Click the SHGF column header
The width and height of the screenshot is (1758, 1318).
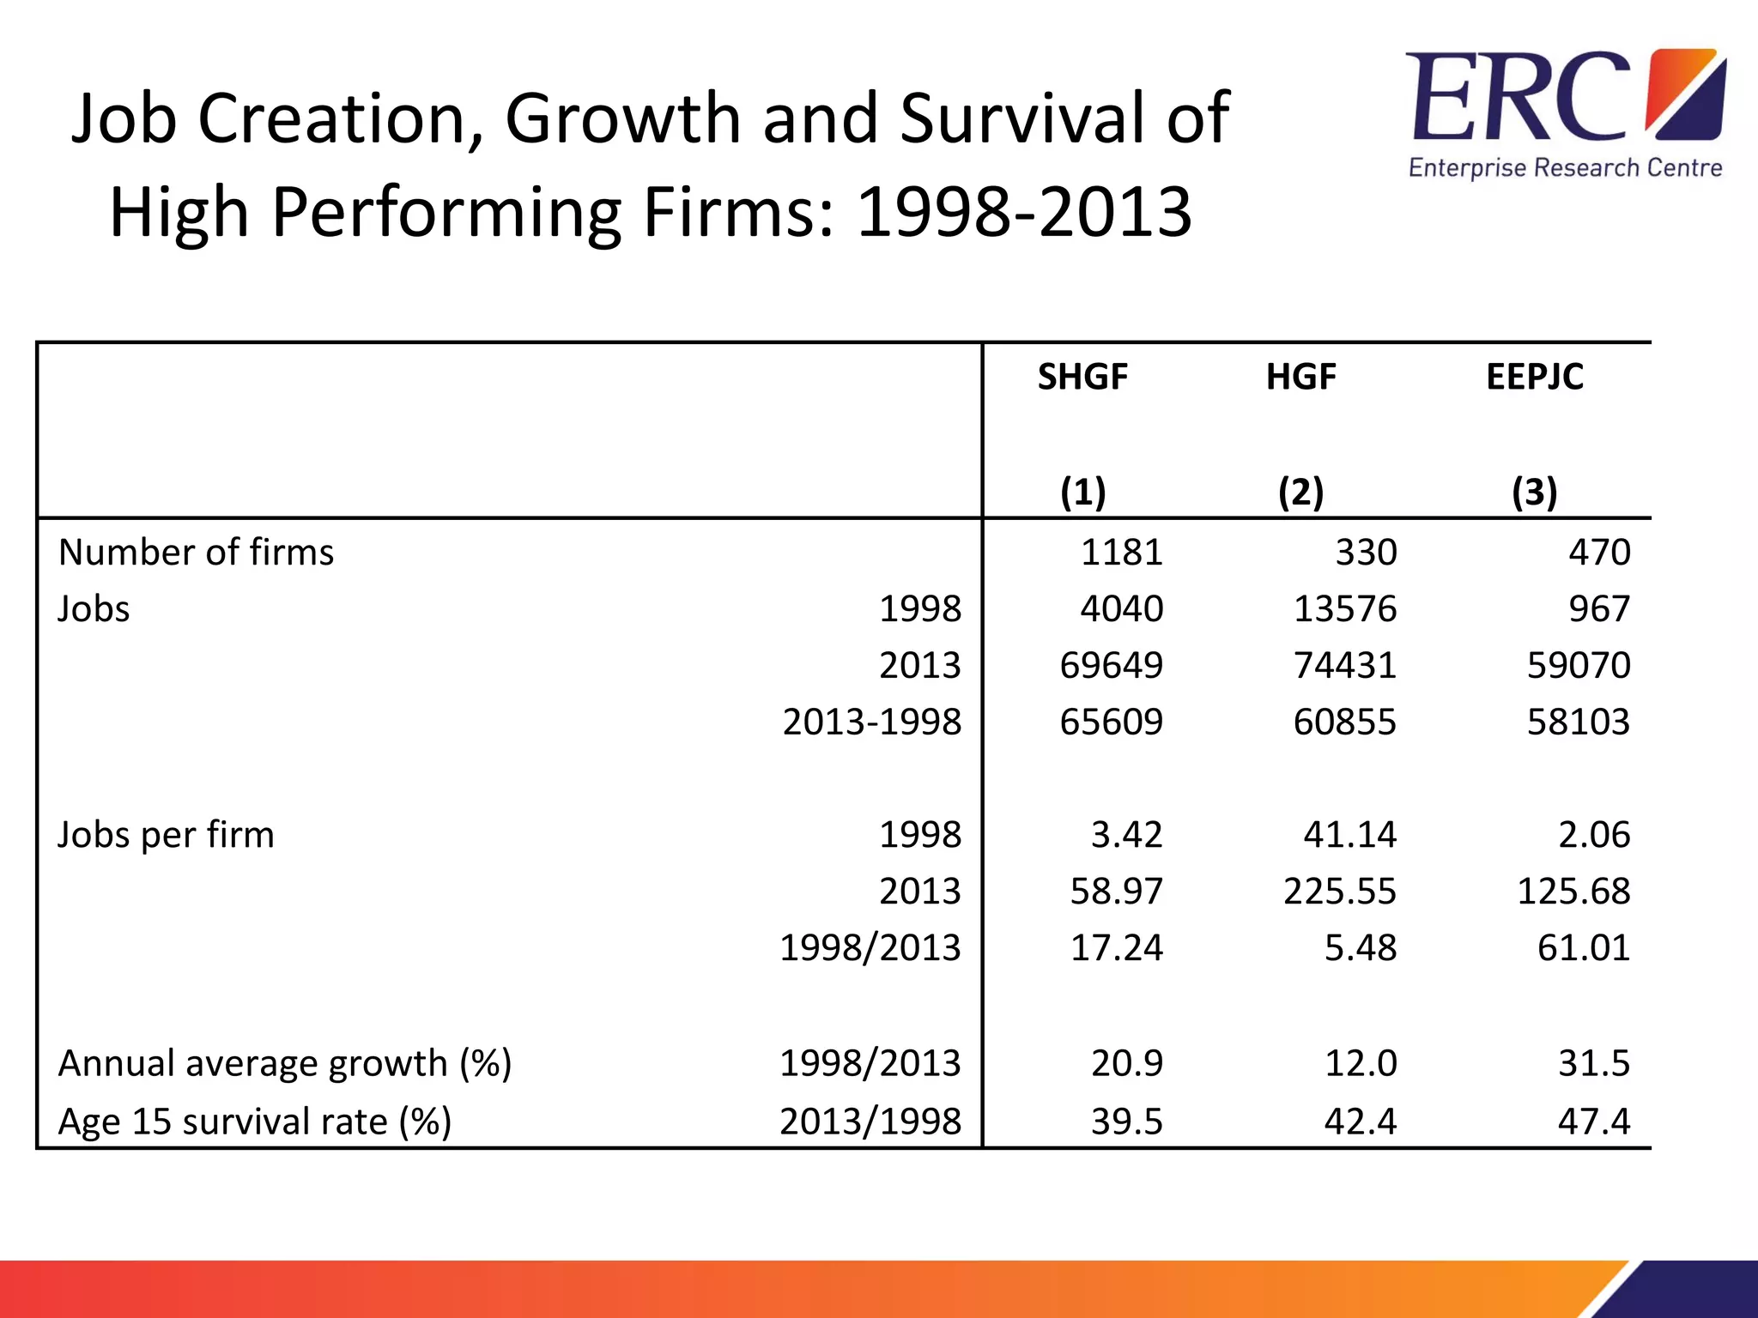(x=1082, y=377)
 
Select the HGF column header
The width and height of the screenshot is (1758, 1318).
(x=1300, y=377)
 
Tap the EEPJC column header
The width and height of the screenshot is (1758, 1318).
(x=1534, y=377)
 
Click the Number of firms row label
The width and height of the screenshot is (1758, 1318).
(x=196, y=552)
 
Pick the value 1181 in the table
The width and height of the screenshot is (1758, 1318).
(x=1121, y=552)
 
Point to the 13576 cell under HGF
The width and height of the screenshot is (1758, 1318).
(x=1344, y=608)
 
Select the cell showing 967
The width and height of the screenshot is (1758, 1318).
(x=1598, y=608)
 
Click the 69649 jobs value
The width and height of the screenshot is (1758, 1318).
(x=1111, y=665)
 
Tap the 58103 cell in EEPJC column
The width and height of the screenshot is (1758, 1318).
(x=1578, y=722)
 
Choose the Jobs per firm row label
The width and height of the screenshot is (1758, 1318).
(x=166, y=835)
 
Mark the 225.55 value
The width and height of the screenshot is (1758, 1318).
(x=1339, y=891)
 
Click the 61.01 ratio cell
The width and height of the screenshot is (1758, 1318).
(x=1583, y=947)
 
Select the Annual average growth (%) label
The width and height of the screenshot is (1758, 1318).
(x=284, y=1063)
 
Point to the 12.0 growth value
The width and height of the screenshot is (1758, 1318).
(x=1360, y=1063)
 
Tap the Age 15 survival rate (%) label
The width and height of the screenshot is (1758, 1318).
(x=254, y=1122)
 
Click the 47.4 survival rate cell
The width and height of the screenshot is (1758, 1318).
(x=1593, y=1122)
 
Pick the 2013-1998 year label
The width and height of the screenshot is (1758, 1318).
(x=871, y=722)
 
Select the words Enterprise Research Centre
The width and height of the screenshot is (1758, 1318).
(x=1565, y=167)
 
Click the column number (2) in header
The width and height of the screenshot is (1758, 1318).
(x=1300, y=492)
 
